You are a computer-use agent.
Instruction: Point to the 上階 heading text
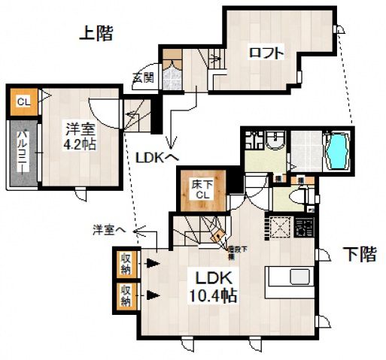tap(98, 32)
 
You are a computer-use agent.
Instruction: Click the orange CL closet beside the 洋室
tap(23, 101)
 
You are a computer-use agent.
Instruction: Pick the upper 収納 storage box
tap(126, 263)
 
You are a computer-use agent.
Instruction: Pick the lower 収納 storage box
tap(126, 295)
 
